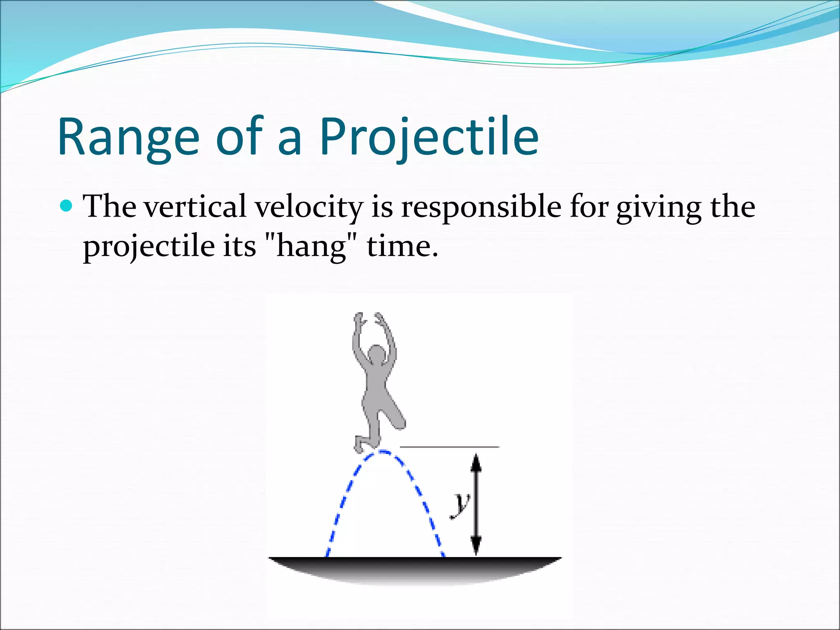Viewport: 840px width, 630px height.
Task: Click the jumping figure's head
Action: tap(377, 354)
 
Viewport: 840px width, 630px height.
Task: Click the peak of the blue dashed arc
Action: tap(383, 452)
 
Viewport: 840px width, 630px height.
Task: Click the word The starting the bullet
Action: tap(110, 206)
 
